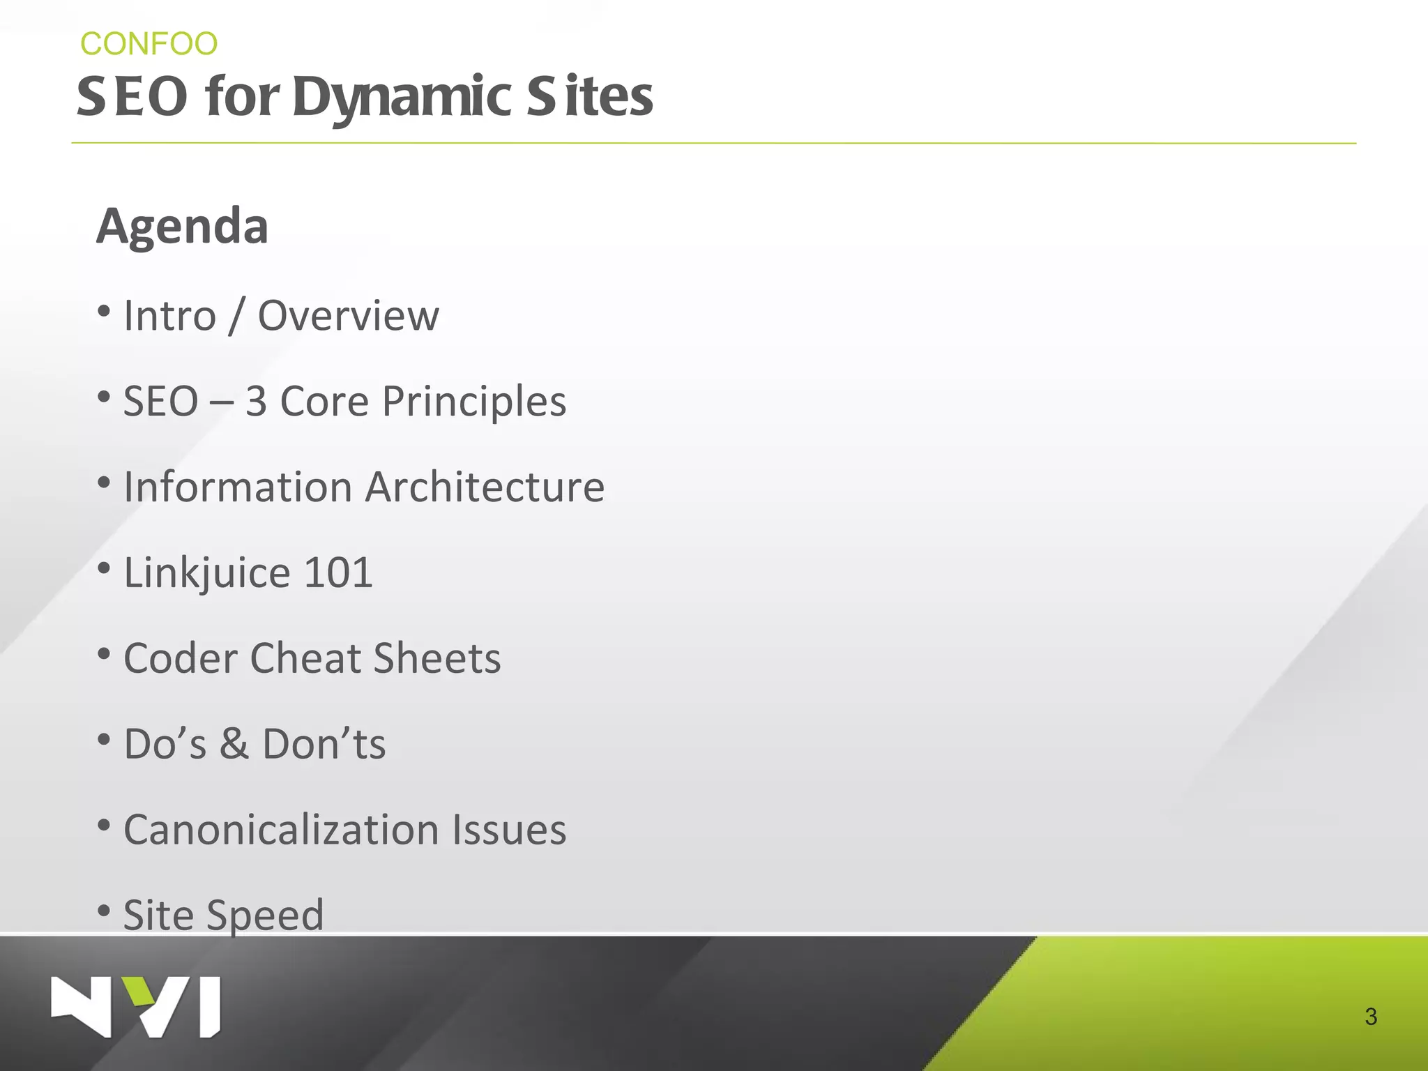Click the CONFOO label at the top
[149, 44]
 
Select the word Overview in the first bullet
[349, 316]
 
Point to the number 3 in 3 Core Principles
[256, 402]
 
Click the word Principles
[474, 402]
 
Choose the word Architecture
[485, 487]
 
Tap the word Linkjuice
[206, 573]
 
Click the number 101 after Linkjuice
[338, 572]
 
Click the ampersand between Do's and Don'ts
[234, 744]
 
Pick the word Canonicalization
[281, 830]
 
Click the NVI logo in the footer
[136, 1007]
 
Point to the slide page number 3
[1370, 1017]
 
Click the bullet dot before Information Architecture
[104, 483]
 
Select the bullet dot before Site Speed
[104, 911]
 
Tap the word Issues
[509, 830]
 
